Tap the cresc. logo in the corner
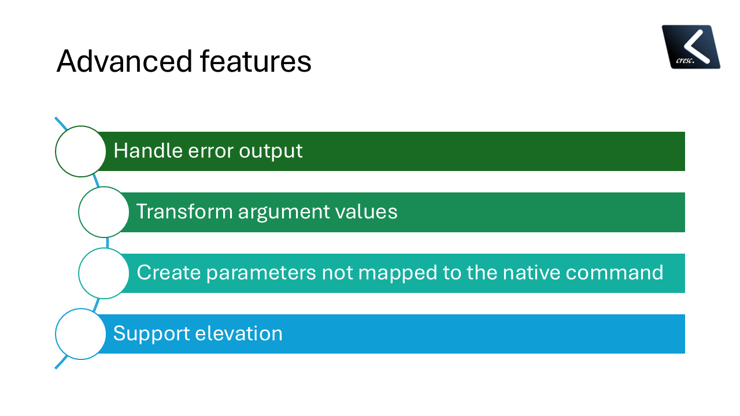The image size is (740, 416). click(691, 47)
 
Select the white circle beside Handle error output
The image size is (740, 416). click(81, 151)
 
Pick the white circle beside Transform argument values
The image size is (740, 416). click(104, 212)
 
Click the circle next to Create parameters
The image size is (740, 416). click(104, 273)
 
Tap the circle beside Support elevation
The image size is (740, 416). click(81, 334)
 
